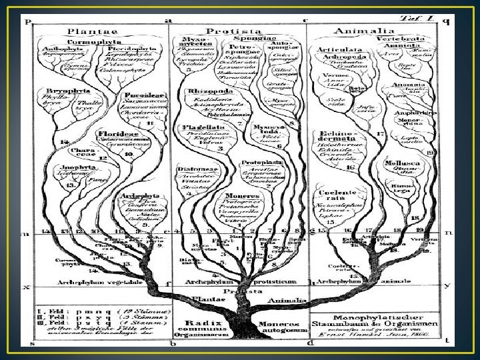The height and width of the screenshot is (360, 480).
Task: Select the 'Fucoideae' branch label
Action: pyautogui.click(x=136, y=95)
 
